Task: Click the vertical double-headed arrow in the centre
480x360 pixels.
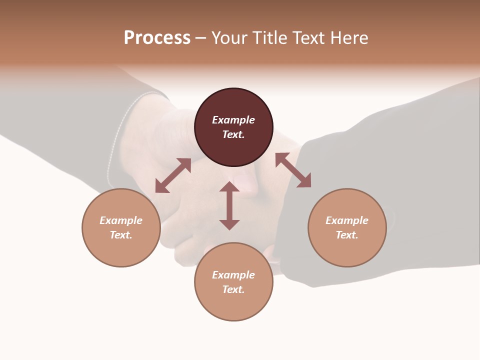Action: (x=229, y=205)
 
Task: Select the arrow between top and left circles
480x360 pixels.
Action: (x=173, y=175)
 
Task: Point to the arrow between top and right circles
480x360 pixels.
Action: (x=293, y=170)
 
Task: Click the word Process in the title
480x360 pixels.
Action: (x=157, y=37)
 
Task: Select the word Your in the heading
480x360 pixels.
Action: (x=230, y=37)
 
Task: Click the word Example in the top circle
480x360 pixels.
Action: (x=233, y=120)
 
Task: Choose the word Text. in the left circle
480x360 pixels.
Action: (x=121, y=235)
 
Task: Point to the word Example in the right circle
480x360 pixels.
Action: (x=347, y=220)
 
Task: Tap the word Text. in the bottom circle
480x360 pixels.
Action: (x=233, y=289)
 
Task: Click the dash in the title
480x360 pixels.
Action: (x=201, y=38)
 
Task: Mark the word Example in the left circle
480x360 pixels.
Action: (x=121, y=220)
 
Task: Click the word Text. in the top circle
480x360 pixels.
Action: (x=233, y=134)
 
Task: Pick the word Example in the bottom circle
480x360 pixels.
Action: (x=233, y=275)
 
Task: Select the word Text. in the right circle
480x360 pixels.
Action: (x=347, y=235)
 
